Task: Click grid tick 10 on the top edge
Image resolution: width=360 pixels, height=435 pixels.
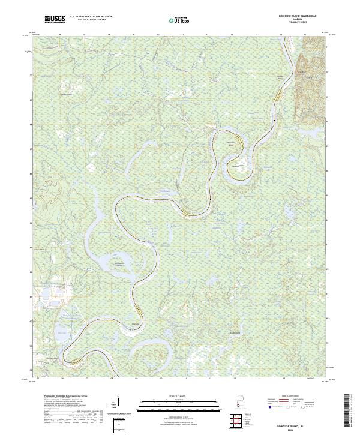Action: tap(158, 35)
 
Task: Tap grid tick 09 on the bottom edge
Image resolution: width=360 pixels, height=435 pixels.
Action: tap(136, 379)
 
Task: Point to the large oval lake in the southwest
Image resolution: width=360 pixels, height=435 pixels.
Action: tap(61, 334)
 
